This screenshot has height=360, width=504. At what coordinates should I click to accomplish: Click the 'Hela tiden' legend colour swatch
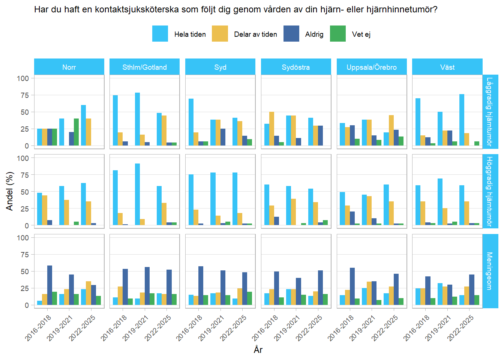160,34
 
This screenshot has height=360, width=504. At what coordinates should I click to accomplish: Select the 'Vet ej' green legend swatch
337,34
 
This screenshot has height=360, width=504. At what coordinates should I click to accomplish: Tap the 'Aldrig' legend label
314,34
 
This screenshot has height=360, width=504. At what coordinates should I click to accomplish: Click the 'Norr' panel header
69,67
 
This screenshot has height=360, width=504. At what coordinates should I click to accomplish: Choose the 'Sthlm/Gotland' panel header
144,67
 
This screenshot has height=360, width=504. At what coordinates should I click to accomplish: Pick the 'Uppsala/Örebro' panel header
371,67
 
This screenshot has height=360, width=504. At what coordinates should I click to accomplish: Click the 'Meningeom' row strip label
490,271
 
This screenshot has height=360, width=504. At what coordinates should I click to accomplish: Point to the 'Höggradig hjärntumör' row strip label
490,191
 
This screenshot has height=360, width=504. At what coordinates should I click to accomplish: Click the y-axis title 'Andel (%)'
10,191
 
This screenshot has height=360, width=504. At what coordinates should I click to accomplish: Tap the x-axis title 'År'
258,350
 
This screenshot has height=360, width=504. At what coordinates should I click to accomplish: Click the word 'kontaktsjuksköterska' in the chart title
136,9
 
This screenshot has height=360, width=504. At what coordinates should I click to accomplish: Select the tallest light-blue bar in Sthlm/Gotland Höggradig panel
138,194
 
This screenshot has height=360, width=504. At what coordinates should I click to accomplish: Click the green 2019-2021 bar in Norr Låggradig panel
76,132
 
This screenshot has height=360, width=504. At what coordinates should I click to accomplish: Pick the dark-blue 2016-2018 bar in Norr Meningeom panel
49,285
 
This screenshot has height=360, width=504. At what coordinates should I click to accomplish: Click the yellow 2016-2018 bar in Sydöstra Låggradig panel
271,129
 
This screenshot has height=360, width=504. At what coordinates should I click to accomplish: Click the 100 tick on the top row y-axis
23,78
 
